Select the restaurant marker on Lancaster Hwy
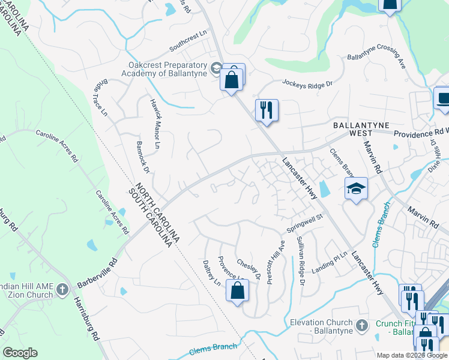267,110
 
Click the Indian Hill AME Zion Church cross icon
62,290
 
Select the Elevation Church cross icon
361,325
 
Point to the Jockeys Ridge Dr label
307,84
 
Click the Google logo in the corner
20,353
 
